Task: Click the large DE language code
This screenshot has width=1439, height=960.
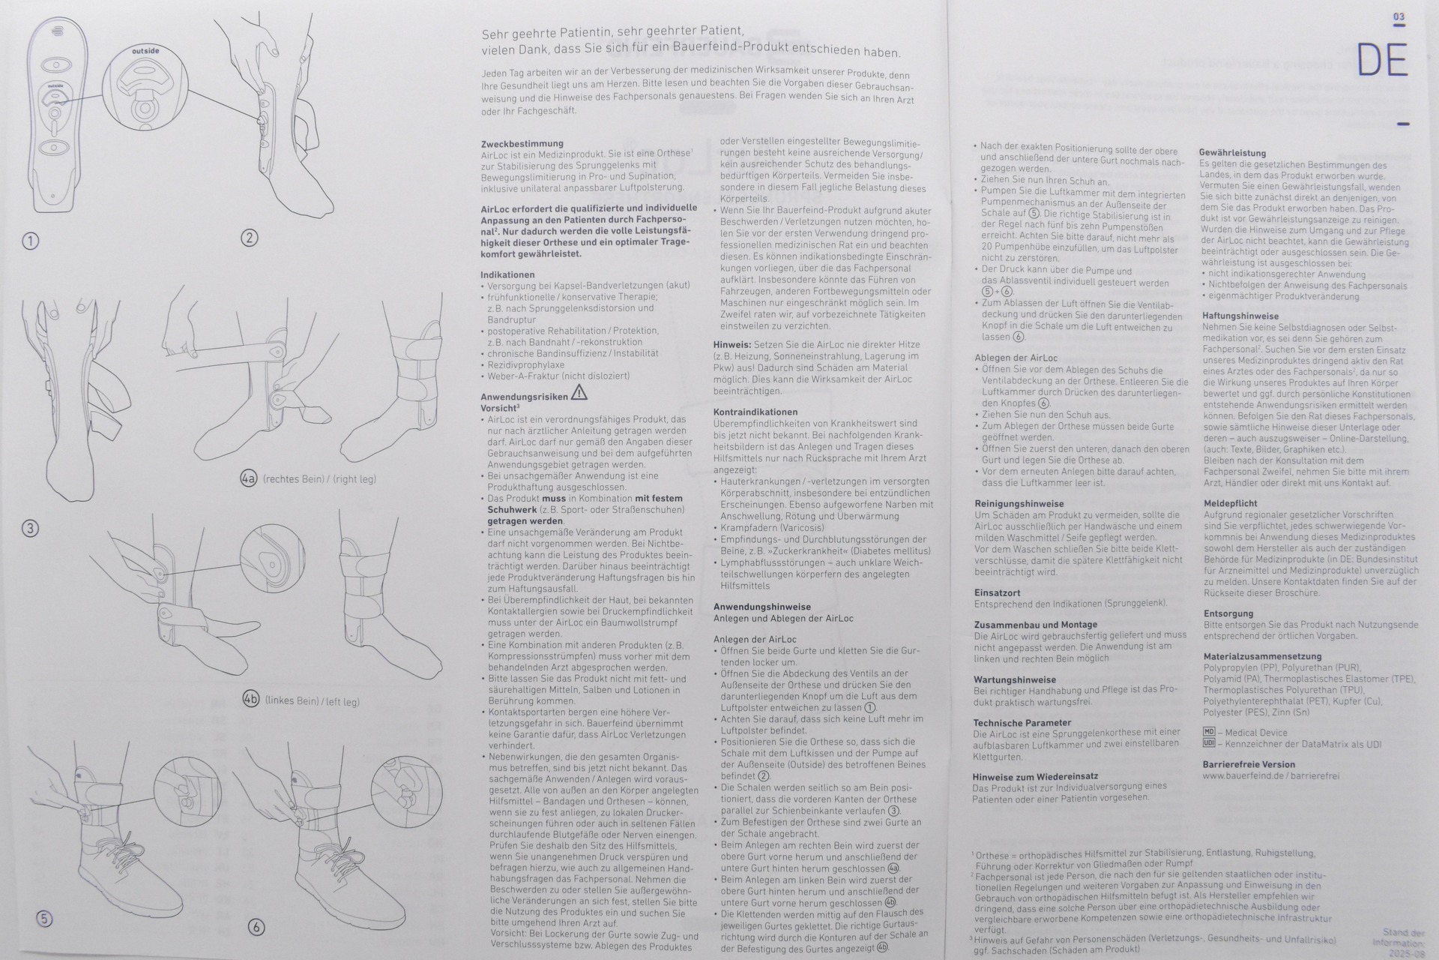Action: point(1382,61)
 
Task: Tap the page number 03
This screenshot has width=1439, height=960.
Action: point(1399,16)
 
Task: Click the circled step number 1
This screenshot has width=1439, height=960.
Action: point(30,241)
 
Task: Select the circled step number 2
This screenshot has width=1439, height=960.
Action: point(249,238)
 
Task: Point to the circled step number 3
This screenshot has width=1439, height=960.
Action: point(30,528)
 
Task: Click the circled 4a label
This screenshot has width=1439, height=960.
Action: point(249,478)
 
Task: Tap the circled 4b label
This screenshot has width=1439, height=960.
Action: point(251,700)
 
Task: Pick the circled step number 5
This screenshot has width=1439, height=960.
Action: point(44,919)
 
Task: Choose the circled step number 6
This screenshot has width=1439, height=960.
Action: point(256,927)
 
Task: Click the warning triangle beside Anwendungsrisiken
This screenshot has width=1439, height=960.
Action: point(579,393)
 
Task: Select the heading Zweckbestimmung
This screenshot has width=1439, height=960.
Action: point(522,143)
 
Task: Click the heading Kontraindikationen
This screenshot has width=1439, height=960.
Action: point(755,412)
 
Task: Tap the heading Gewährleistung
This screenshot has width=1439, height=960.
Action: point(1232,153)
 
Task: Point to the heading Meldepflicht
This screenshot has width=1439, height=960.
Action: point(1230,503)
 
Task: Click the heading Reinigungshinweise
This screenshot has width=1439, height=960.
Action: point(1019,503)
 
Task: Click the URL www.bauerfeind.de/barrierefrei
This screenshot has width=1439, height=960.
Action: point(1270,776)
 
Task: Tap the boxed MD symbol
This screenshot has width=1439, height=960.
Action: point(1208,732)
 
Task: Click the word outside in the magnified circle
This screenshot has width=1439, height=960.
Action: point(145,51)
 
